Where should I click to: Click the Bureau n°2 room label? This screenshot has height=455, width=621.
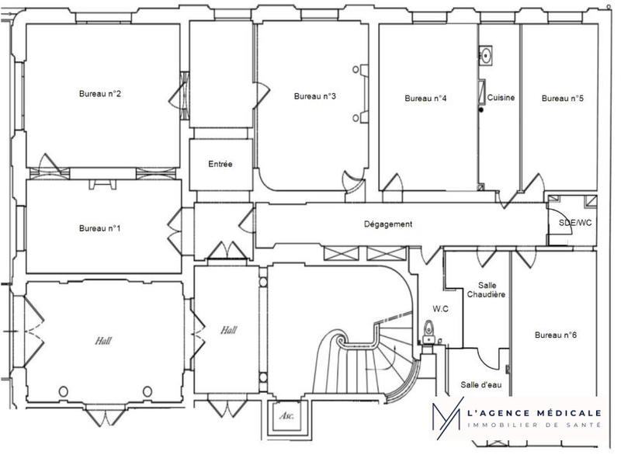[x=100, y=94]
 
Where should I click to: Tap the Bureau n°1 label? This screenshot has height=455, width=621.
[x=100, y=228]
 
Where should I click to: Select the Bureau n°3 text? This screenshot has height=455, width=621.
[x=314, y=96]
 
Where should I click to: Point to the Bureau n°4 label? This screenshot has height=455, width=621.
[x=425, y=99]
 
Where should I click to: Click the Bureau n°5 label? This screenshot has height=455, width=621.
[x=562, y=99]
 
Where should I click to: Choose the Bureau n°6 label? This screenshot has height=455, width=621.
[x=556, y=335]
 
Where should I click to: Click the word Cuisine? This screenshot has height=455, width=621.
[x=501, y=98]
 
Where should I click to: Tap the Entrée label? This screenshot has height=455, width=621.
[x=220, y=165]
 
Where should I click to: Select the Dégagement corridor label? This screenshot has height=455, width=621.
[x=388, y=224]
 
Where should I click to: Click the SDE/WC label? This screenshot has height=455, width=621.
[x=575, y=223]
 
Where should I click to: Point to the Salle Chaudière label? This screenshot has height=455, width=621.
[x=487, y=290]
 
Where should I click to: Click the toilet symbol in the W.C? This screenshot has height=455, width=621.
[x=428, y=332]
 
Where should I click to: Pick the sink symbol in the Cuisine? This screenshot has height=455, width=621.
[x=487, y=55]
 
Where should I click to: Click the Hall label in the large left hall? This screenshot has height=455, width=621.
[x=104, y=340]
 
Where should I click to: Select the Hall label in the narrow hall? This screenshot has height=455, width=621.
[x=228, y=330]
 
